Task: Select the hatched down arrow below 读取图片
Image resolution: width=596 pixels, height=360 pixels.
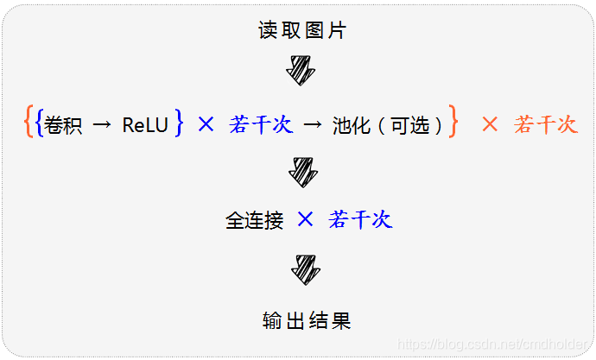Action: click(x=301, y=69)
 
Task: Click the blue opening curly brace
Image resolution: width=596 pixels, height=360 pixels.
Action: click(x=40, y=123)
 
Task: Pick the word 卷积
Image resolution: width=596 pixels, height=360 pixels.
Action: click(x=63, y=125)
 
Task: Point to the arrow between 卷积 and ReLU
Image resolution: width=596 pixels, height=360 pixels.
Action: click(x=102, y=125)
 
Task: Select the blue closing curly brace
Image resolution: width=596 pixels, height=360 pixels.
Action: click(x=178, y=123)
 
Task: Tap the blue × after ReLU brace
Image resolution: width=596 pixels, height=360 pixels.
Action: click(x=206, y=124)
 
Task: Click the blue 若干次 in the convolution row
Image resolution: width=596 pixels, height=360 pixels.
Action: click(x=261, y=124)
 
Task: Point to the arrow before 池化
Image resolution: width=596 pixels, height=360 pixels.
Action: click(x=313, y=125)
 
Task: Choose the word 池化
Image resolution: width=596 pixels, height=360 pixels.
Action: click(x=352, y=125)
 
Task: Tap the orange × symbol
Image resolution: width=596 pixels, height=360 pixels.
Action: click(x=490, y=124)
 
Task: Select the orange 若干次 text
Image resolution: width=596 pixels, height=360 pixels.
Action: click(x=545, y=124)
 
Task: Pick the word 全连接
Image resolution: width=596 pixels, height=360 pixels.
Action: click(x=255, y=220)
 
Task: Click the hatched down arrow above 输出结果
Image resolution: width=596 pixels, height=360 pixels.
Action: click(x=306, y=268)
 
